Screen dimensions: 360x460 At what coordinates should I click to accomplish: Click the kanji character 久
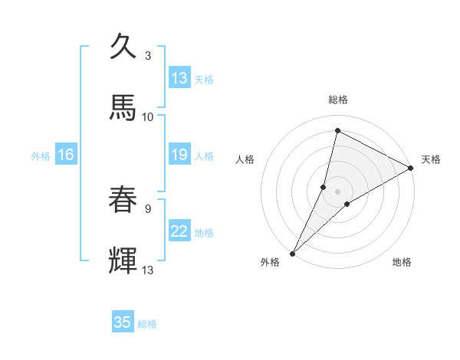point(123,47)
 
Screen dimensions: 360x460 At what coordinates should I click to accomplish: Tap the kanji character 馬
point(123,107)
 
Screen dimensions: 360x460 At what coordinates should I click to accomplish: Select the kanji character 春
point(123,199)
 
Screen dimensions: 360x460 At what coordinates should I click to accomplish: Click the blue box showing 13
point(179,78)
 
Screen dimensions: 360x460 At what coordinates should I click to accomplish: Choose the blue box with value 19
point(179,155)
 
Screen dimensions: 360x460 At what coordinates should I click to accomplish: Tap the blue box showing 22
point(179,231)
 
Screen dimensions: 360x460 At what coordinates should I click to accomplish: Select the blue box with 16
point(65,155)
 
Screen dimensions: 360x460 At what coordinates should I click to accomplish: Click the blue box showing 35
point(123,322)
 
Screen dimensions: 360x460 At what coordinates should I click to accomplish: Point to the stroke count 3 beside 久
point(148,55)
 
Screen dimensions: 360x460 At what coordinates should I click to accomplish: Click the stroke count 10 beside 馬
point(148,116)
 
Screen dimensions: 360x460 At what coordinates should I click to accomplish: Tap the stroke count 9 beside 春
point(148,208)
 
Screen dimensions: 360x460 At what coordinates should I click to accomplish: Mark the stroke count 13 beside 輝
point(148,270)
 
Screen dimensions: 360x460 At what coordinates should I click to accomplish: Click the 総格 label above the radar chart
point(338,100)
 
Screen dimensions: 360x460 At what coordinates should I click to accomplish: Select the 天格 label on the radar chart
point(431,159)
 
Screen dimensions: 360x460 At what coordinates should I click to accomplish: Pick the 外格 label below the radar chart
point(270,262)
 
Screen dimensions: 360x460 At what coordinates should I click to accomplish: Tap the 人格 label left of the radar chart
point(245,159)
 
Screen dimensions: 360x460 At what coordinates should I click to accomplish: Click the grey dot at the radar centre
point(338,191)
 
